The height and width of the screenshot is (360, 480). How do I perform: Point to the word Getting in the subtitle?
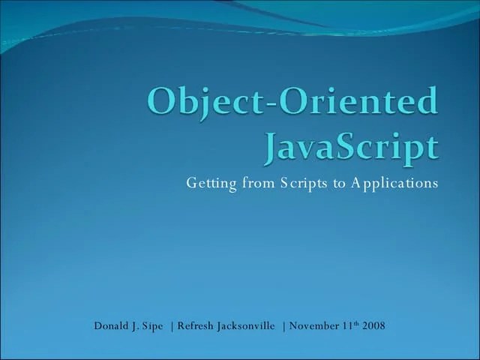[x=211, y=184]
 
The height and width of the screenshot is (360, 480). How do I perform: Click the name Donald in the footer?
[x=111, y=326]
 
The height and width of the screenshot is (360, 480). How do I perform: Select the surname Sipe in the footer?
[x=153, y=326]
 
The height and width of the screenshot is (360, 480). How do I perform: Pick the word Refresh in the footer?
[x=196, y=326]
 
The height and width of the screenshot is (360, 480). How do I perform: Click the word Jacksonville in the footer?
[x=246, y=326]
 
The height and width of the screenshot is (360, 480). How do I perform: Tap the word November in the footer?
[x=315, y=326]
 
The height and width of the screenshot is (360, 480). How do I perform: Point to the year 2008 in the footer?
[x=373, y=326]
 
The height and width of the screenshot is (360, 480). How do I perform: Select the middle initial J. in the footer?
[x=136, y=326]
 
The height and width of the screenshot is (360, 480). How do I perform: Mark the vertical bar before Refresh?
[x=172, y=326]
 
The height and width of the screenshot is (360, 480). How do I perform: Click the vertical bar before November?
[x=283, y=326]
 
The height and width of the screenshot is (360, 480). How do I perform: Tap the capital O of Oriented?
[x=287, y=102]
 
